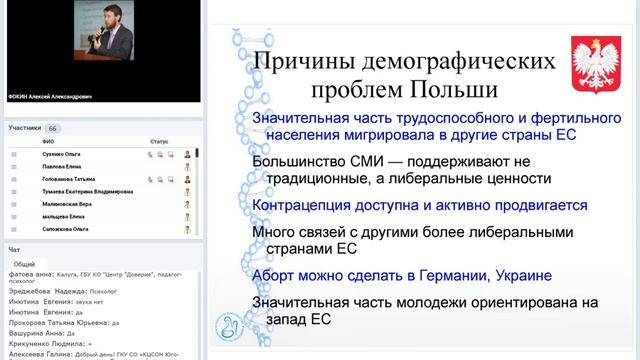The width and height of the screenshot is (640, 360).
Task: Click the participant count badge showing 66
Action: (x=53, y=129)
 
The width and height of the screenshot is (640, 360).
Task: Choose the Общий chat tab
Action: (x=24, y=264)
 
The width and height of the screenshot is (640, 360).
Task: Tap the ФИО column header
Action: (x=48, y=143)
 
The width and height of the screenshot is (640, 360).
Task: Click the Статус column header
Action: (x=160, y=143)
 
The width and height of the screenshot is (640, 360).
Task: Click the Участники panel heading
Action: (x=24, y=129)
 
